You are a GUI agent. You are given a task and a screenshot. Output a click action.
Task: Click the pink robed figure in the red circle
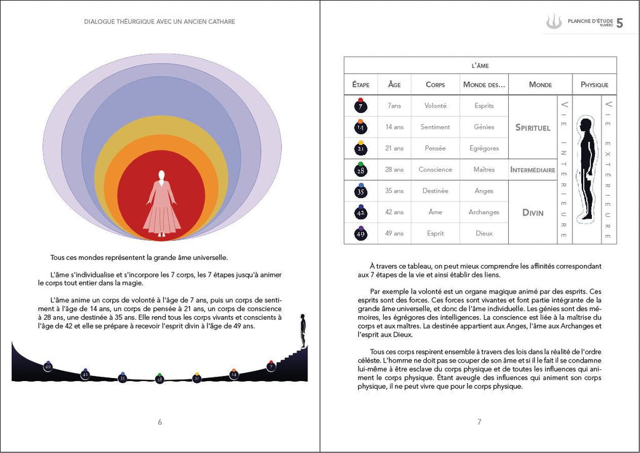pyautogui.click(x=162, y=204)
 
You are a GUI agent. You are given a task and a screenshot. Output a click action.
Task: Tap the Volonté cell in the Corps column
pyautogui.click(x=435, y=106)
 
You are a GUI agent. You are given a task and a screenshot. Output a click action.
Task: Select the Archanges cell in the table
pyautogui.click(x=484, y=212)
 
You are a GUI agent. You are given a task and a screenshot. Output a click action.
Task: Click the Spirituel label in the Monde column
pyautogui.click(x=532, y=127)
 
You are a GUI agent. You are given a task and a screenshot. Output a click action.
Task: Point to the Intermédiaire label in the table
pyautogui.click(x=532, y=169)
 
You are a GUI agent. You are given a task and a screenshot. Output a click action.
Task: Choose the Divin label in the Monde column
pyautogui.click(x=532, y=212)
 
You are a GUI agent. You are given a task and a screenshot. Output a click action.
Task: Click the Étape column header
pyautogui.click(x=361, y=84)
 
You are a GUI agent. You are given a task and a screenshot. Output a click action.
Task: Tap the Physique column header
pyautogui.click(x=594, y=84)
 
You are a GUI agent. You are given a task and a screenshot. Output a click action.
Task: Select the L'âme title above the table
pyautogui.click(x=479, y=65)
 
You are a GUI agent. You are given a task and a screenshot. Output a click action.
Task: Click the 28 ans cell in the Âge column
pyautogui.click(x=394, y=169)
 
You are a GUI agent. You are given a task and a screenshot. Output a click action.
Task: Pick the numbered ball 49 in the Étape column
pyautogui.click(x=361, y=233)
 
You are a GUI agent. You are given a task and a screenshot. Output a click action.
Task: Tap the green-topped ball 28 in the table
pyautogui.click(x=361, y=169)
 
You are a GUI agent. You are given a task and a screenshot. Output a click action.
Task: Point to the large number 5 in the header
pyautogui.click(x=619, y=23)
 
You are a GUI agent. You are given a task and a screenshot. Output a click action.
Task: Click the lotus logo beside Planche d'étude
pyautogui.click(x=554, y=22)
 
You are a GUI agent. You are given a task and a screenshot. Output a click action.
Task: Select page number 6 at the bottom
pyautogui.click(x=159, y=422)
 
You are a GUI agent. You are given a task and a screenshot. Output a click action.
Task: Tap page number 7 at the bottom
pyautogui.click(x=479, y=422)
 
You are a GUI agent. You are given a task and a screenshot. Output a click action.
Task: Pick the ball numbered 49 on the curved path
pyautogui.click(x=47, y=366)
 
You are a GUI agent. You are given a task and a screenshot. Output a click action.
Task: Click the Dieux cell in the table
pyautogui.click(x=484, y=233)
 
